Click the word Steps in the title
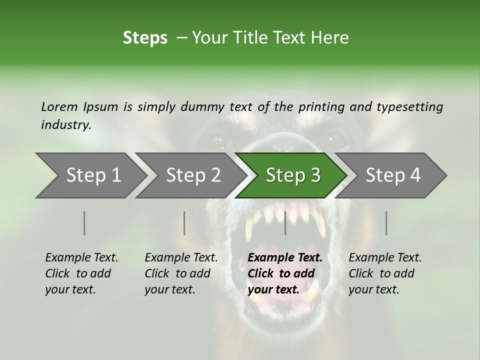pos(145,38)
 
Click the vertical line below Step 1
pos(84,223)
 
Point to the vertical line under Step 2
pos(184,223)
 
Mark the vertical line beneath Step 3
pos(285,223)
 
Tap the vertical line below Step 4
pos(386,223)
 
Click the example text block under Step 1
pos(81,273)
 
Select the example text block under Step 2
pos(181,273)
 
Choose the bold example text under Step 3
pos(285,273)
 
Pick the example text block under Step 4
pos(385,273)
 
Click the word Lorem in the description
pos(59,107)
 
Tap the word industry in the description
pos(66,125)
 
